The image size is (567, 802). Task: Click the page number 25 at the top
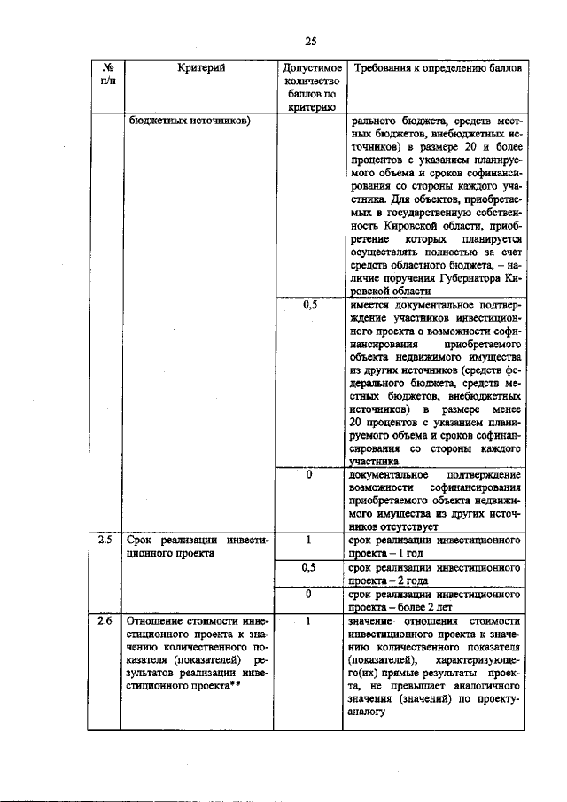pos(310,40)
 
